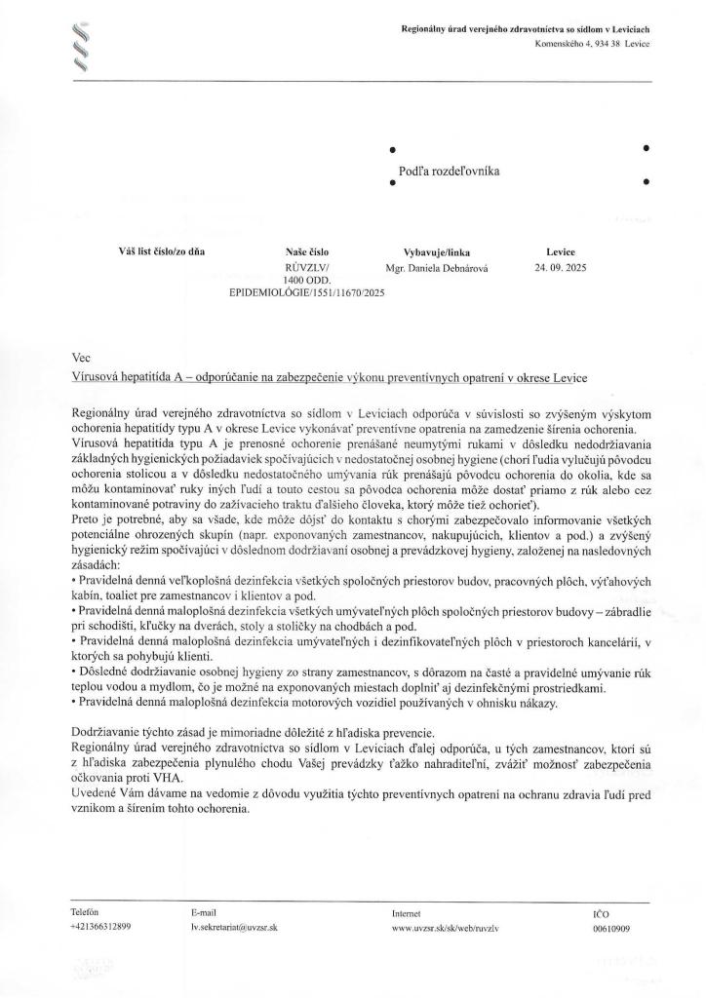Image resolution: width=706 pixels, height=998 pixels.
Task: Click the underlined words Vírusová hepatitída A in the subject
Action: [x=130, y=376]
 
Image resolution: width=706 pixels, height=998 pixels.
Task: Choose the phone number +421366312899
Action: [x=101, y=928]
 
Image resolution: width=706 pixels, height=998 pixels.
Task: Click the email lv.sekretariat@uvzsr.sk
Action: [x=234, y=928]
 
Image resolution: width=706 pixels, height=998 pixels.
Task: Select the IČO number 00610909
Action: [x=610, y=928]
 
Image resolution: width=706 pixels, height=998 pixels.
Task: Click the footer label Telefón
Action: [x=86, y=912]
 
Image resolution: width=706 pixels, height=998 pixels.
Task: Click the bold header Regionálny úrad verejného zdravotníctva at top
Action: [x=527, y=30]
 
